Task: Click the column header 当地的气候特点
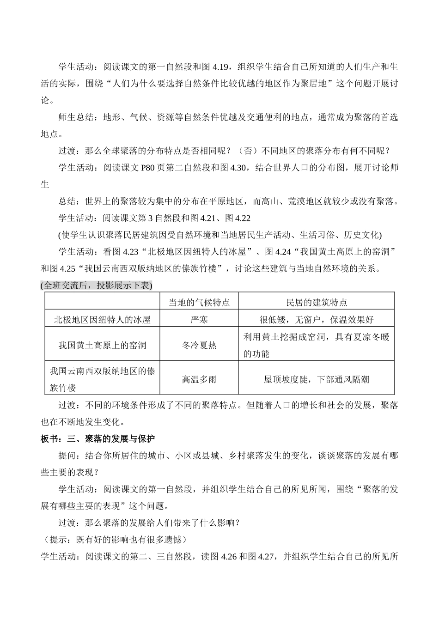pyautogui.click(x=199, y=303)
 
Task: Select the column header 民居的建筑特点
pyautogui.click(x=317, y=303)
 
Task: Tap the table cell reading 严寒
pyautogui.click(x=199, y=319)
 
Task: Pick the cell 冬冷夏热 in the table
pyautogui.click(x=199, y=345)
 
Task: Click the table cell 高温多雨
pyautogui.click(x=199, y=379)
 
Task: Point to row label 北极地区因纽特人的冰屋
pyautogui.click(x=102, y=319)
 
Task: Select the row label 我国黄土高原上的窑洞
pyautogui.click(x=102, y=345)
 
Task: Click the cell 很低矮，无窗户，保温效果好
pyautogui.click(x=317, y=319)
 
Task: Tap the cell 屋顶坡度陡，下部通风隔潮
pyautogui.click(x=317, y=379)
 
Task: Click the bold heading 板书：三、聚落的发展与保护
pyautogui.click(x=98, y=439)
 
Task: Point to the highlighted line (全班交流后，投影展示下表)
pyautogui.click(x=97, y=286)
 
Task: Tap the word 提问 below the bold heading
pyautogui.click(x=67, y=456)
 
